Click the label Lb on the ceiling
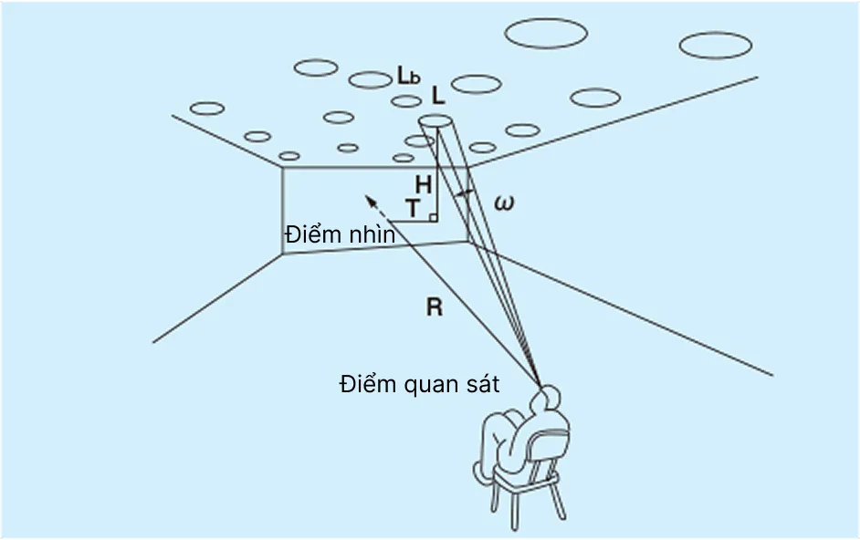pyautogui.click(x=408, y=76)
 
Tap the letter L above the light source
pyautogui.click(x=438, y=97)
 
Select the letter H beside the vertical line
pyautogui.click(x=422, y=184)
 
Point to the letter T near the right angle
pyautogui.click(x=413, y=209)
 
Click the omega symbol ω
pyautogui.click(x=503, y=202)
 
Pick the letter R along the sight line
pyautogui.click(x=435, y=306)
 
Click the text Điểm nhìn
pyautogui.click(x=340, y=234)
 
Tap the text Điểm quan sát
pyautogui.click(x=419, y=384)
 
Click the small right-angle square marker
pyautogui.click(x=433, y=218)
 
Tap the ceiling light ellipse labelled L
pyautogui.click(x=435, y=121)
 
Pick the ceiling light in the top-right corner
pyautogui.click(x=716, y=45)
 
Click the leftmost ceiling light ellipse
pyautogui.click(x=207, y=109)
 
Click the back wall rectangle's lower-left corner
pyautogui.click(x=282, y=253)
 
